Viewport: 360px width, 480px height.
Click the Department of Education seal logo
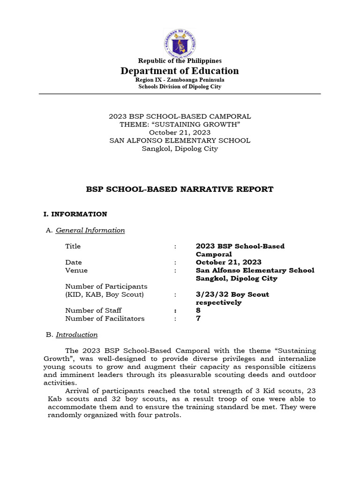click(x=180, y=43)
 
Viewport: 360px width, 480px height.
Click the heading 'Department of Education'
click(x=180, y=71)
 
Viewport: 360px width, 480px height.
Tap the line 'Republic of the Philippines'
click(x=180, y=60)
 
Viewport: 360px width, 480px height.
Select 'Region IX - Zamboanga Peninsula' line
click(x=180, y=80)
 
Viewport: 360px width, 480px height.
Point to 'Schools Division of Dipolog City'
click(x=180, y=87)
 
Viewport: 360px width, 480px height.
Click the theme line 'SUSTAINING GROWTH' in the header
click(x=180, y=124)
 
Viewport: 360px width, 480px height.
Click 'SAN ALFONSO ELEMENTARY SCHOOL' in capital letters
click(x=180, y=141)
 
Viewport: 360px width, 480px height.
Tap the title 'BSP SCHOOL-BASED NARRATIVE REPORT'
click(x=180, y=189)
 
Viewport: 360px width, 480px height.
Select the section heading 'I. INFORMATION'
click(x=75, y=214)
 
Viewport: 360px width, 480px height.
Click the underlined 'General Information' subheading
click(x=90, y=230)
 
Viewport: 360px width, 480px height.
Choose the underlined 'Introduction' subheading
click(x=76, y=335)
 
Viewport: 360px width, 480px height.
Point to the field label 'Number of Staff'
click(x=93, y=310)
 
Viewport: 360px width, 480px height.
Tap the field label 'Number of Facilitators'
click(x=105, y=319)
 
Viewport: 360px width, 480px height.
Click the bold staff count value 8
click(x=198, y=310)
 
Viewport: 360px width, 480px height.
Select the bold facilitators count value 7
click(x=198, y=319)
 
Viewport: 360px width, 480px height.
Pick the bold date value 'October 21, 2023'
click(x=228, y=262)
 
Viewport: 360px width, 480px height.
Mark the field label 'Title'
click(x=73, y=246)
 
